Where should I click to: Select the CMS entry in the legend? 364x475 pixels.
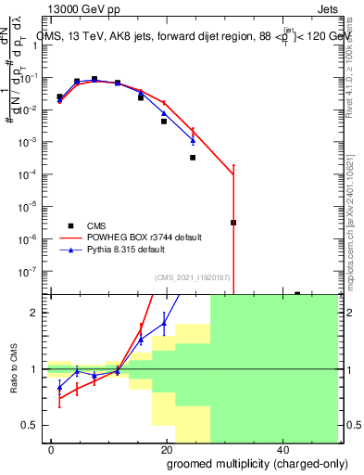(x=71, y=225)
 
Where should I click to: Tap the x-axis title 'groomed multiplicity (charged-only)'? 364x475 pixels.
(x=244, y=462)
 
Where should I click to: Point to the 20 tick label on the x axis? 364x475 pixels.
(x=167, y=449)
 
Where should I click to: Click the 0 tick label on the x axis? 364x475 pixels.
(x=52, y=449)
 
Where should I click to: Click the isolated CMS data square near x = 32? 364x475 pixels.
(x=233, y=223)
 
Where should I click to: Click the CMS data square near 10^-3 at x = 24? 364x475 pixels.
(x=193, y=158)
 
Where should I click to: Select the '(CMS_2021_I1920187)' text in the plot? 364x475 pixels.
(x=192, y=276)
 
